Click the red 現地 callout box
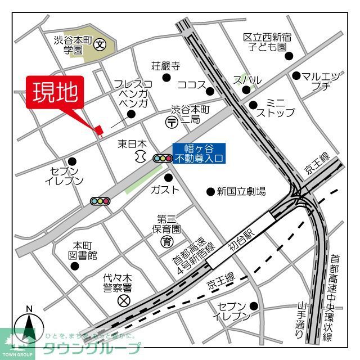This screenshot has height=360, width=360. click(x=55, y=92)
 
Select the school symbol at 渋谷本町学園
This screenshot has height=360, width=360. click(x=100, y=43)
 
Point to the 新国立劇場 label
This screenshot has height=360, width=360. click(x=241, y=192)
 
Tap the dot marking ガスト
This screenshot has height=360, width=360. click(x=168, y=178)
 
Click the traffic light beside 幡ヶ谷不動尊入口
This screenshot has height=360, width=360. click(x=162, y=159)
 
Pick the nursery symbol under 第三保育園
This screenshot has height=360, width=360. click(x=167, y=242)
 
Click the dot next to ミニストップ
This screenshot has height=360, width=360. click(x=253, y=105)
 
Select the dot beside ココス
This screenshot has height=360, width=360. click(x=210, y=91)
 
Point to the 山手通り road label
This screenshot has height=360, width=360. click(x=302, y=321)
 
